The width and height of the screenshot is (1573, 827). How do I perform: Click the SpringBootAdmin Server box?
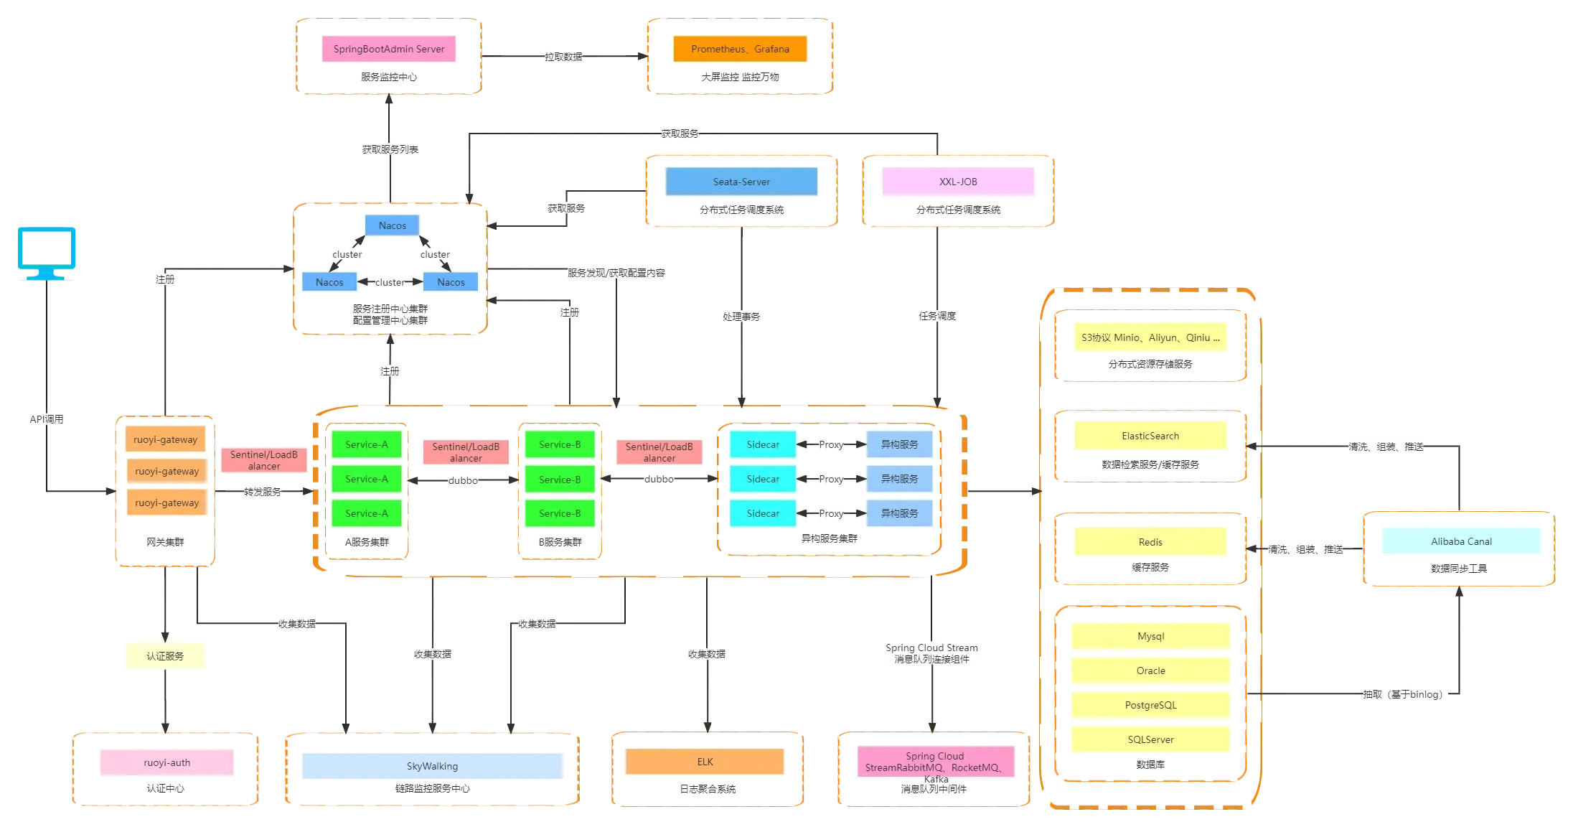(x=388, y=49)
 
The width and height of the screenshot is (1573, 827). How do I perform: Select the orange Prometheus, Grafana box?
(x=740, y=49)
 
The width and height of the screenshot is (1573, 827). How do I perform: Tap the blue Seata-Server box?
(x=741, y=182)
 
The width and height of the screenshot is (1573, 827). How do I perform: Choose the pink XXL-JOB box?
(x=958, y=182)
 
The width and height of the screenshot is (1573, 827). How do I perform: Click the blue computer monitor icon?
(x=47, y=253)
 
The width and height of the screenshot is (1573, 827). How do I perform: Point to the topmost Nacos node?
(x=392, y=225)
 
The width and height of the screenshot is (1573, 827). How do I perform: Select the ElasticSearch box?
(x=1150, y=436)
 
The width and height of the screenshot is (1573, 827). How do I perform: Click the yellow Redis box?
(x=1150, y=542)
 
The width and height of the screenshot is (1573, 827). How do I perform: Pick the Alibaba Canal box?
(x=1461, y=541)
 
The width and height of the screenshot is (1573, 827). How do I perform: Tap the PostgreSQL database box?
(x=1150, y=705)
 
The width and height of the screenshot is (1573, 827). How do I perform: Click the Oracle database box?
(x=1150, y=671)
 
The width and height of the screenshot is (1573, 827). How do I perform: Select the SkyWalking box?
(x=432, y=766)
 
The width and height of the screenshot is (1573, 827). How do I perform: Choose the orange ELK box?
(x=705, y=762)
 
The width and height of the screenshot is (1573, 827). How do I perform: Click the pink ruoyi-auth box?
(x=166, y=762)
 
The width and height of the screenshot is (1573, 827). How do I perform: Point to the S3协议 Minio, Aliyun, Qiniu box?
(x=1150, y=337)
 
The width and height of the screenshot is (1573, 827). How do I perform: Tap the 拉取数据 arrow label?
(x=563, y=57)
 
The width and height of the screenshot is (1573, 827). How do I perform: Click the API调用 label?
(x=47, y=419)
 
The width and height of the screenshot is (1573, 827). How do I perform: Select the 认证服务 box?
(x=165, y=656)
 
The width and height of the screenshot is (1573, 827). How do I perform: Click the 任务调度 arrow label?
(x=937, y=316)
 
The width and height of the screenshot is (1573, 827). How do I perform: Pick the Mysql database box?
(x=1150, y=636)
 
